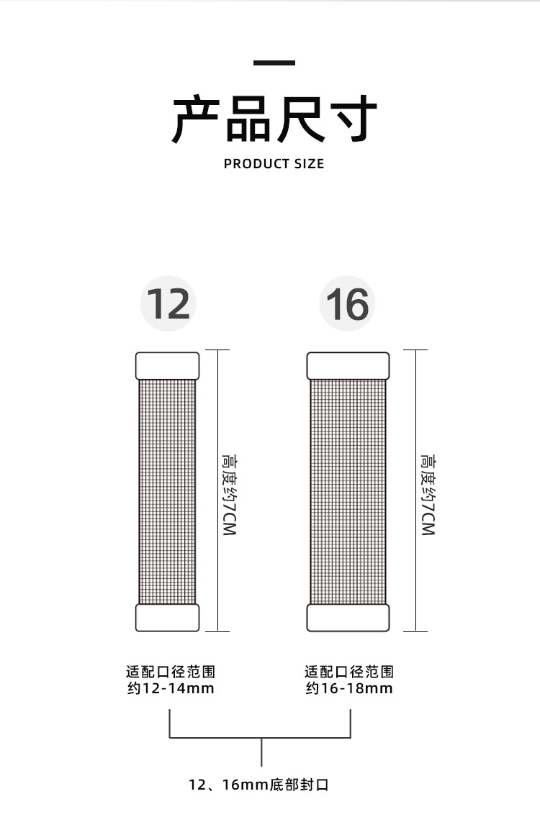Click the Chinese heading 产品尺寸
point(274,119)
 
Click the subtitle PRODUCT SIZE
point(274,164)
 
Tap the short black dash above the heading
point(274,63)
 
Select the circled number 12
point(168,303)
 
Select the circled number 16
point(348,303)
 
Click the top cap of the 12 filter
point(168,365)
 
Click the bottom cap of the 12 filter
point(168,617)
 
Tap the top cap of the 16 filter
point(348,365)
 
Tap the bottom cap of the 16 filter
point(348,617)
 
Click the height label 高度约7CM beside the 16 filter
point(428,494)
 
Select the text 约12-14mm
point(170,689)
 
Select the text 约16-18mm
point(349,689)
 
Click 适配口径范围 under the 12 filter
point(170,672)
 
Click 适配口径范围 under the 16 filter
point(349,672)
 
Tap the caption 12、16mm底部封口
point(259,785)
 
